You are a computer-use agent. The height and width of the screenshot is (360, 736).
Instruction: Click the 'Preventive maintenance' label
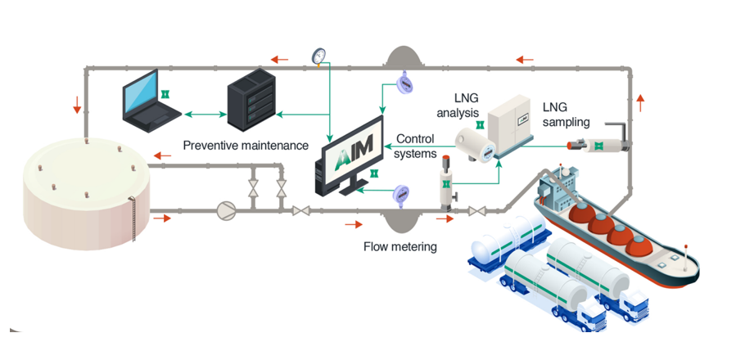[246, 146]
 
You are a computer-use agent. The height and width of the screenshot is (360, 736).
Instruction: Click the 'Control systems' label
[415, 146]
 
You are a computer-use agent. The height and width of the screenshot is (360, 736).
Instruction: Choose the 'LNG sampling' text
[566, 115]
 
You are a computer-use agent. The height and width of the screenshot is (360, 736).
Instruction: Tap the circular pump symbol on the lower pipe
[224, 210]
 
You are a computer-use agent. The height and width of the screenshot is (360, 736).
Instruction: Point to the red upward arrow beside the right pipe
[639, 101]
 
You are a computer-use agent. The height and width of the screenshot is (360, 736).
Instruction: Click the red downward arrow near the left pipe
[78, 104]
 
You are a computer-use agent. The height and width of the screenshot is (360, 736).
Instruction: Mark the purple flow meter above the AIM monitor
[402, 82]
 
